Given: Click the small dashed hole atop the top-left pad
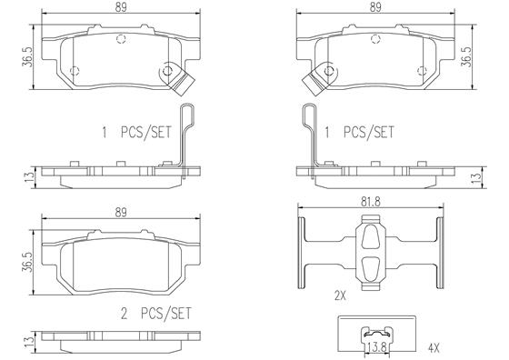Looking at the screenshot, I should [x=121, y=37].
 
